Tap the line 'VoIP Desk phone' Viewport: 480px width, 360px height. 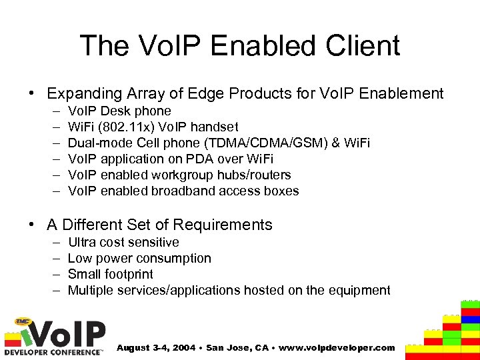tap(119, 111)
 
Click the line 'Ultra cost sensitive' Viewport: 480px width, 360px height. tap(123, 242)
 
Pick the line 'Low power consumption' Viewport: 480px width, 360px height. tap(139, 258)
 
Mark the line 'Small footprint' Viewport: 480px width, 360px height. tap(110, 274)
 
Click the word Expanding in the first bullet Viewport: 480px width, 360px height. tap(80, 93)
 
